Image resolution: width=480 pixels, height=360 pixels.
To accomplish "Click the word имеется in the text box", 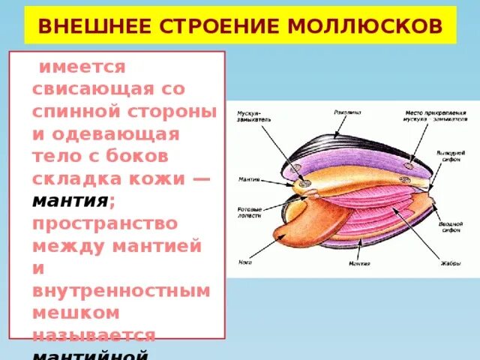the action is tap(80, 67).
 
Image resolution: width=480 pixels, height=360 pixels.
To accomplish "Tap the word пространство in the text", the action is tap(105, 223).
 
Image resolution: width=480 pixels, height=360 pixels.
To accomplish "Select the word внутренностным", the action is tap(120, 290).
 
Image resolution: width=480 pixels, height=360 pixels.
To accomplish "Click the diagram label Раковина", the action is tap(347, 112).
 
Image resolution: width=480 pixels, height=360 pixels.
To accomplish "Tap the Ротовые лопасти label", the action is tap(249, 212).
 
